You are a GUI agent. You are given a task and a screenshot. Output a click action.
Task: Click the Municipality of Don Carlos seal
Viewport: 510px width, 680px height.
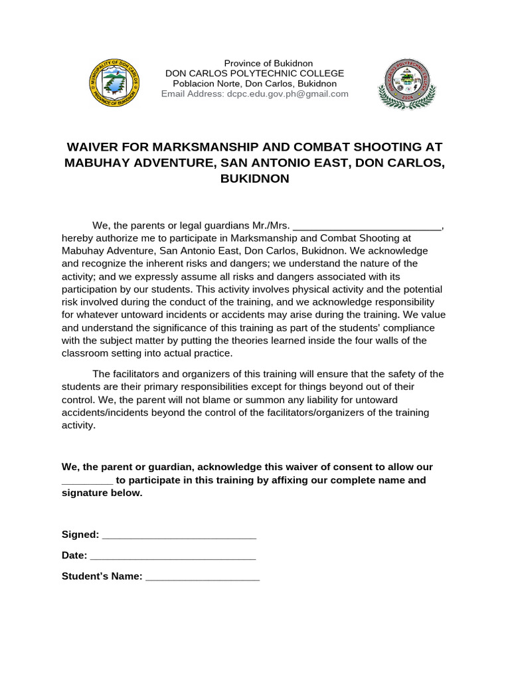pos(114,84)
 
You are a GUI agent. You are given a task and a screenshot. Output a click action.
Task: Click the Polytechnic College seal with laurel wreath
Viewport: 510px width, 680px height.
pos(403,84)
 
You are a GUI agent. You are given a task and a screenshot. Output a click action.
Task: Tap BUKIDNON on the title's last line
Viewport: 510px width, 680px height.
pos(255,179)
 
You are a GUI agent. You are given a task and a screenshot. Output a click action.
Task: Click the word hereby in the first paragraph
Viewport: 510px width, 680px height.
pos(77,238)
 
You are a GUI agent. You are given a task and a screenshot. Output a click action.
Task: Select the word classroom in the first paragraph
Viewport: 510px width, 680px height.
pos(85,353)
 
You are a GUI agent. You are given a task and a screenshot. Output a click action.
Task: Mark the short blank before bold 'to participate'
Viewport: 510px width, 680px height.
pos(88,481)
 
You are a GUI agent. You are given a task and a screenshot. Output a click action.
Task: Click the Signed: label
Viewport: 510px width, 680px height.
pos(80,535)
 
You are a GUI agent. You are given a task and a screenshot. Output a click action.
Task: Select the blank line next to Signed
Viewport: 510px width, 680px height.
pos(179,536)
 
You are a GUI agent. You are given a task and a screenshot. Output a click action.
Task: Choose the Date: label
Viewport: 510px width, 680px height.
pos(74,556)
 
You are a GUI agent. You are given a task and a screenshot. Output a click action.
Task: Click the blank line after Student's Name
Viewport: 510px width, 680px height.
pos(203,578)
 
